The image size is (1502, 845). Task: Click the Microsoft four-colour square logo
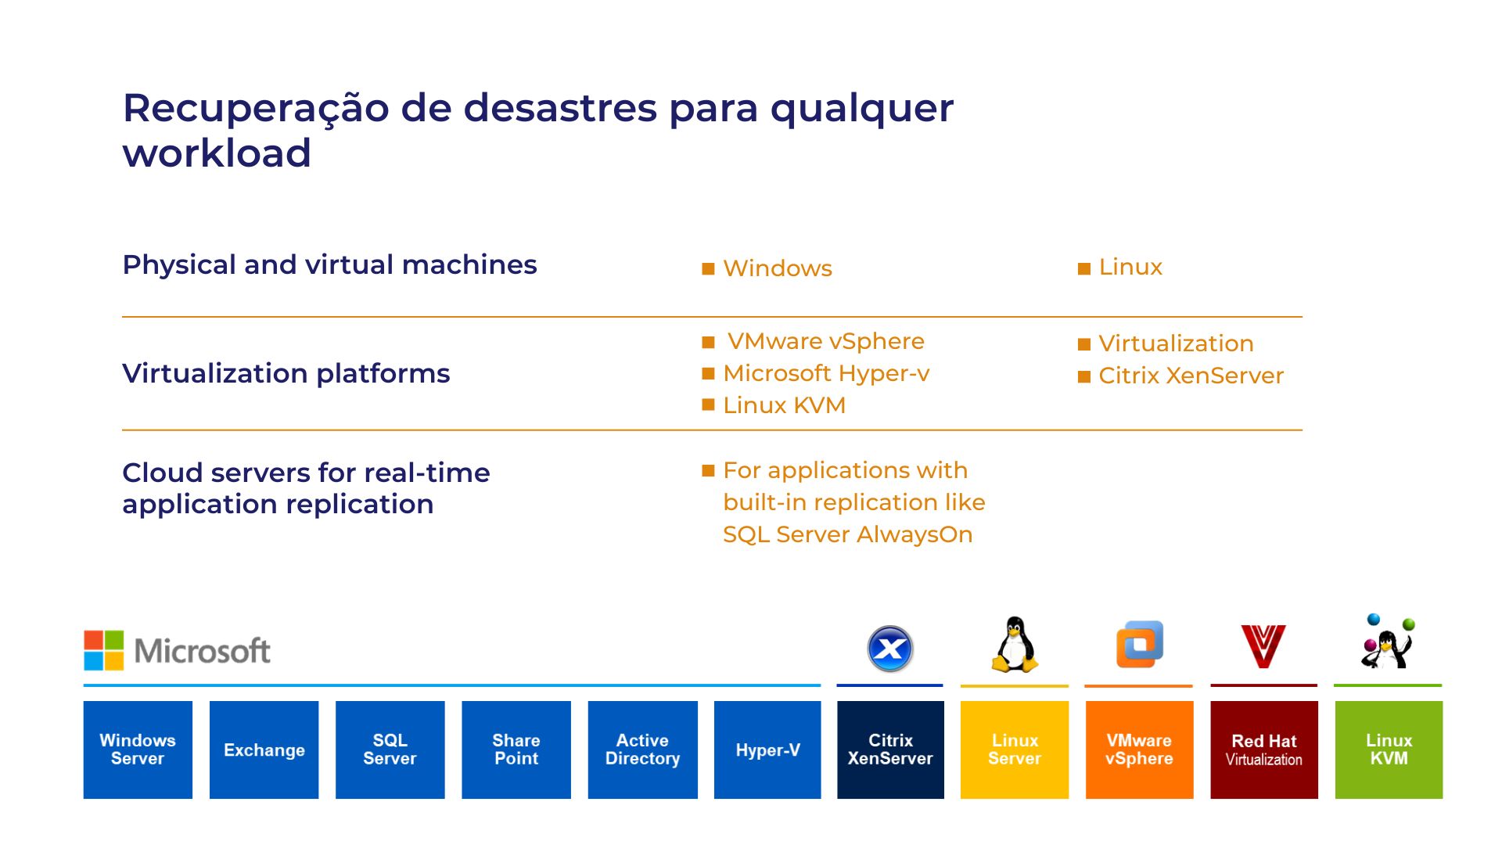coord(104,650)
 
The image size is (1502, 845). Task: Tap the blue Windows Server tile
coord(138,750)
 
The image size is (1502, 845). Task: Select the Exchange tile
coord(264,750)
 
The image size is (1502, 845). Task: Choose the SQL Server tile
coord(390,750)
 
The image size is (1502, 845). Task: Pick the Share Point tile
coord(516,750)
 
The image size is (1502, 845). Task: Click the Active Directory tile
coord(642,750)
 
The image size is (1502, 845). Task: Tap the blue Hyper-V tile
coord(767,750)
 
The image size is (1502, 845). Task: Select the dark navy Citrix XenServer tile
coord(890,750)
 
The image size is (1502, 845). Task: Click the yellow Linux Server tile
coord(1015,750)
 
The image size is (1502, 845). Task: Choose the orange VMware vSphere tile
coord(1139,750)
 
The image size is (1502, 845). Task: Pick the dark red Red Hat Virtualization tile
coord(1264,750)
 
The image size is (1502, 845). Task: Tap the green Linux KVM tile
coord(1389,750)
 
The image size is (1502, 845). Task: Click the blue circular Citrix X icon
coord(890,649)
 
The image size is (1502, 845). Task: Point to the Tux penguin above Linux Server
coord(1015,645)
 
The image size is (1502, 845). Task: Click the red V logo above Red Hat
coord(1263,645)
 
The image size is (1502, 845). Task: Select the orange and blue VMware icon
coord(1139,645)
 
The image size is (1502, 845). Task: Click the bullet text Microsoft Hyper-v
coord(826,373)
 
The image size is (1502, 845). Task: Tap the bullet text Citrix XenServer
coord(1191,376)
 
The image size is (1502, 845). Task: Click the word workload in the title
coord(217,153)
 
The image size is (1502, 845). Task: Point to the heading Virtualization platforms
coord(286,373)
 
